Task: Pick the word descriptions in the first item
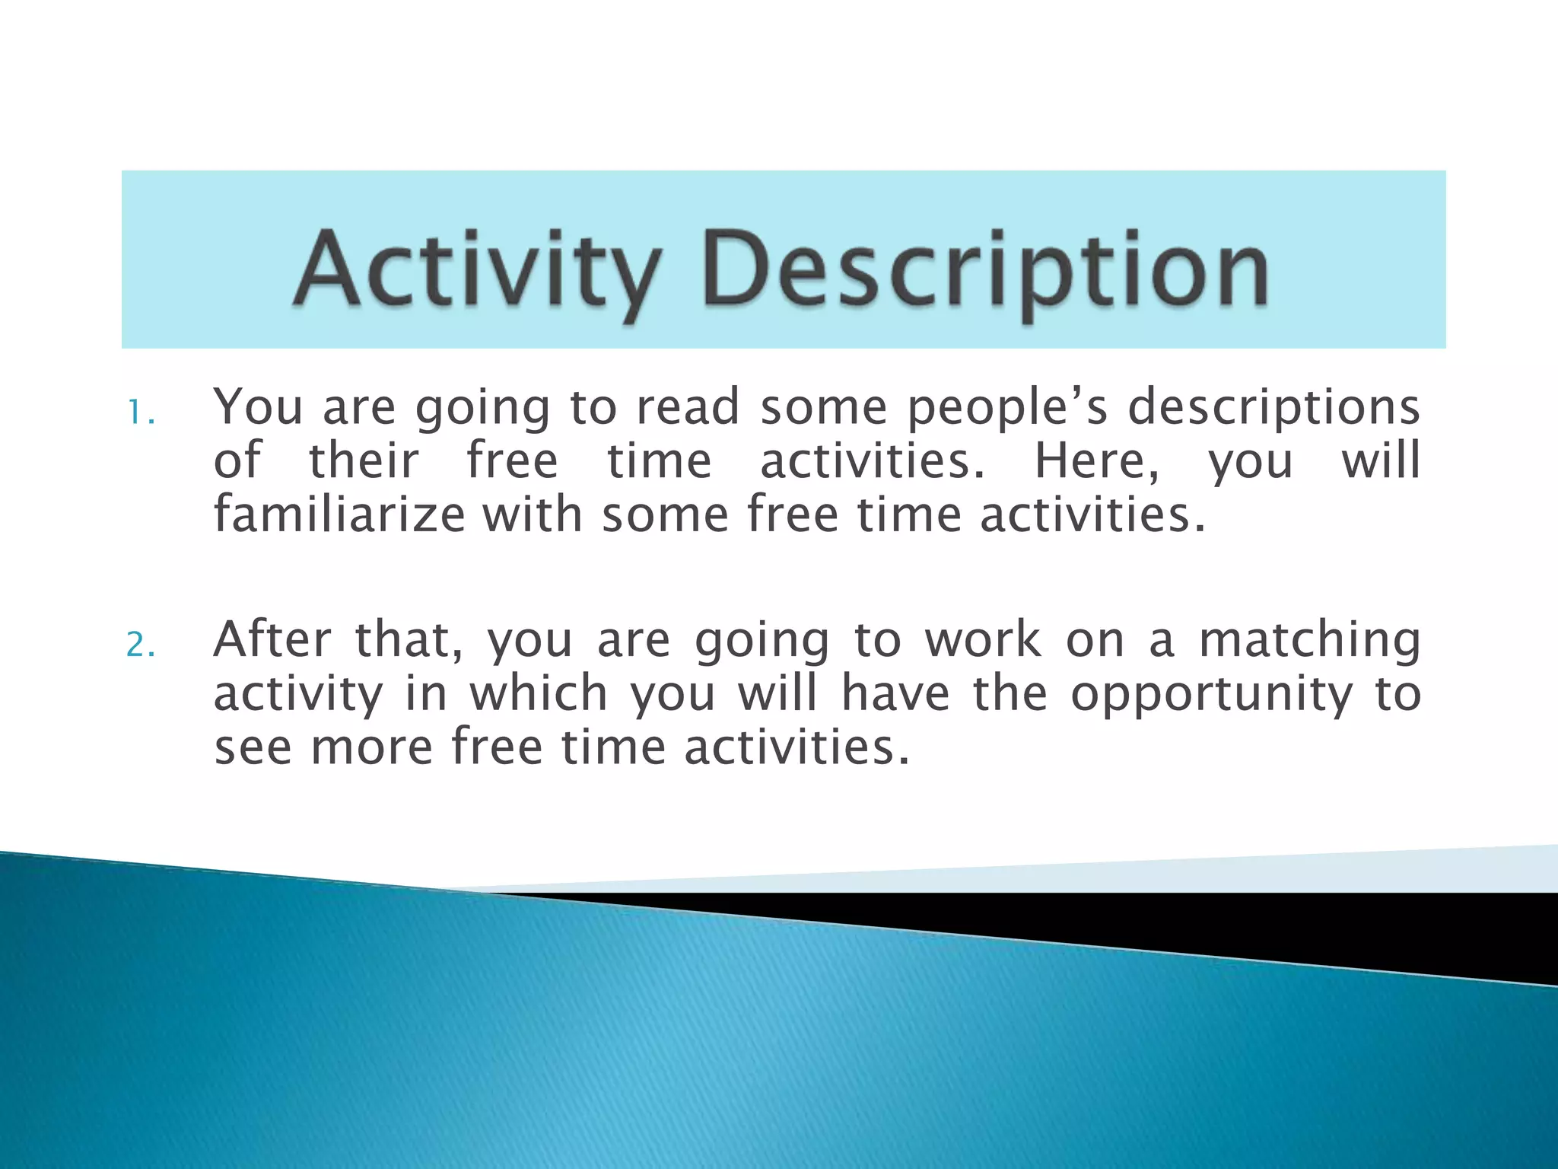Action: (x=1273, y=409)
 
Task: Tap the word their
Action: (x=364, y=461)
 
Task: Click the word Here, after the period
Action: (x=1097, y=463)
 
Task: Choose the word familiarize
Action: (x=339, y=515)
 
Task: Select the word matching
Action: (x=1309, y=641)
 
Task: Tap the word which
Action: (x=539, y=693)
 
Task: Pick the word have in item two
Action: (x=895, y=693)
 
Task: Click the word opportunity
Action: (x=1213, y=695)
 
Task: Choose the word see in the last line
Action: (x=253, y=747)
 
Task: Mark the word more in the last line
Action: (x=372, y=747)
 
